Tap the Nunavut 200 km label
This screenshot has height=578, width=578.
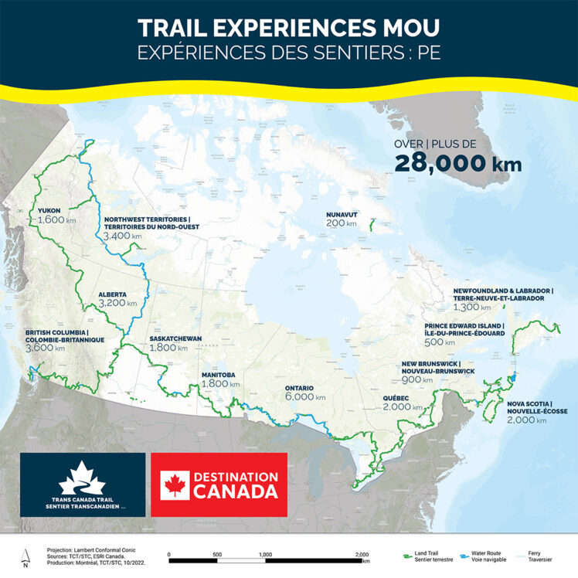tap(341, 219)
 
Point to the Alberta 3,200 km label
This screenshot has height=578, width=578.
tap(117, 299)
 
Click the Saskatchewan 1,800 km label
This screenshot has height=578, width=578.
tap(175, 343)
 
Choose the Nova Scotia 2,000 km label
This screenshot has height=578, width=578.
tap(537, 413)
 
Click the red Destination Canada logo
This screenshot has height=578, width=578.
tap(219, 484)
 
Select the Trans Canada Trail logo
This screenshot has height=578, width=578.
tap(82, 484)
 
